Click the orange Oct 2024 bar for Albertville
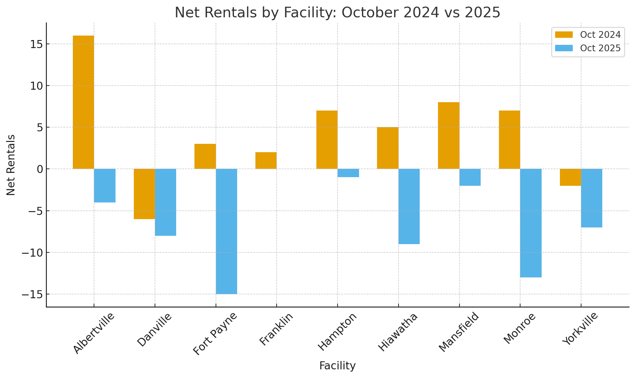pyautogui.click(x=83, y=102)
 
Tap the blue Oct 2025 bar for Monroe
pyautogui.click(x=531, y=223)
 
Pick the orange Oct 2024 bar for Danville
pyautogui.click(x=144, y=194)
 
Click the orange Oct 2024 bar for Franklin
pyautogui.click(x=266, y=160)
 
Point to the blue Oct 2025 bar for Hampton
pyautogui.click(x=348, y=173)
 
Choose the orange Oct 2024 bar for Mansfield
pyautogui.click(x=449, y=136)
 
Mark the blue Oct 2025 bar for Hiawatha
pyautogui.click(x=409, y=206)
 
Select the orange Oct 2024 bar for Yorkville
pyautogui.click(x=570, y=177)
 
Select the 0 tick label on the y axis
pyautogui.click(x=40, y=169)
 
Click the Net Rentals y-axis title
pyautogui.click(x=11, y=165)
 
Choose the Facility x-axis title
pyautogui.click(x=337, y=366)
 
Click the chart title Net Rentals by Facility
pyautogui.click(x=337, y=13)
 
